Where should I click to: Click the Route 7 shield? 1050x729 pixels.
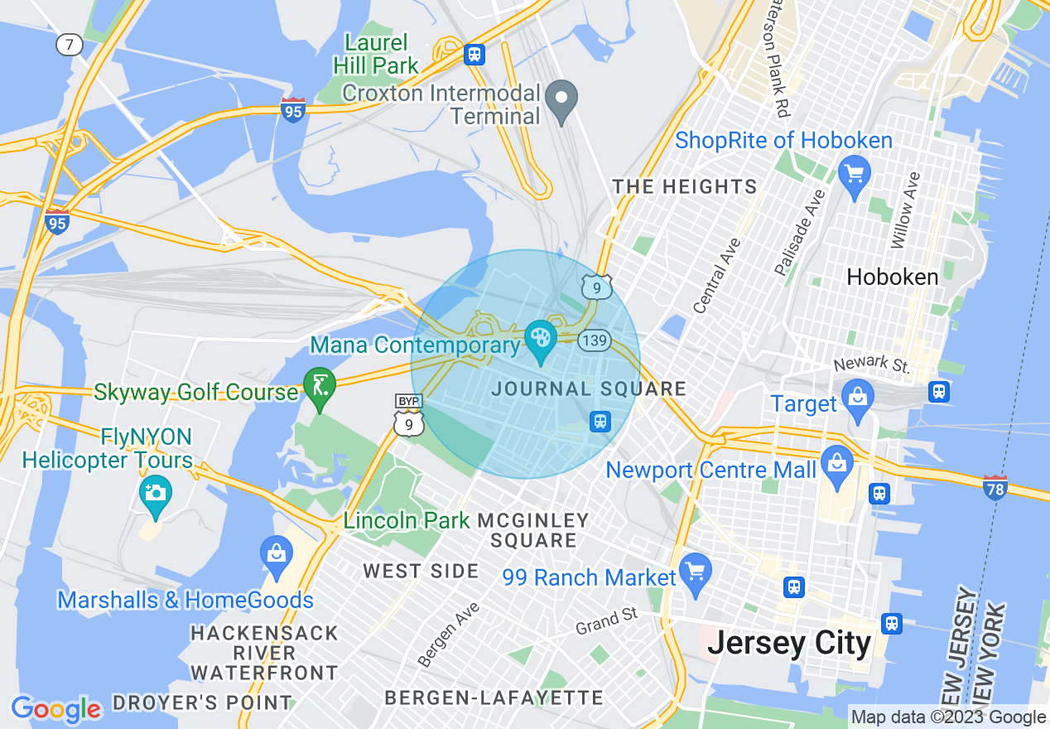(70, 45)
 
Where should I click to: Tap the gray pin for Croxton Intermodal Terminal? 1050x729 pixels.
(563, 99)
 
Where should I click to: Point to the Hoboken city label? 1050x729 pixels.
(893, 277)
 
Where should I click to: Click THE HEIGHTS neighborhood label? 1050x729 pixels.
(685, 187)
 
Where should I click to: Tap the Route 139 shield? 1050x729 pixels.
(595, 340)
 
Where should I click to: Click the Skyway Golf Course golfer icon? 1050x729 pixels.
(319, 386)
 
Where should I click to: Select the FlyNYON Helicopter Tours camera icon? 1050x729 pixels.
(155, 494)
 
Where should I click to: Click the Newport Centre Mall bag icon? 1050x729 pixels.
(837, 463)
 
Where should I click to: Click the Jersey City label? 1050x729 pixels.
(789, 643)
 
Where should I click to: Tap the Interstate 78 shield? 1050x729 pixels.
(995, 489)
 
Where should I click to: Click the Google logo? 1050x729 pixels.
(55, 709)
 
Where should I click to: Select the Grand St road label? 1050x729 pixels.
(607, 620)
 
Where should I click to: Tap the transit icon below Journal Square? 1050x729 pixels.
(600, 422)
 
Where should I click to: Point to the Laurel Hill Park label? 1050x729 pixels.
(376, 54)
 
